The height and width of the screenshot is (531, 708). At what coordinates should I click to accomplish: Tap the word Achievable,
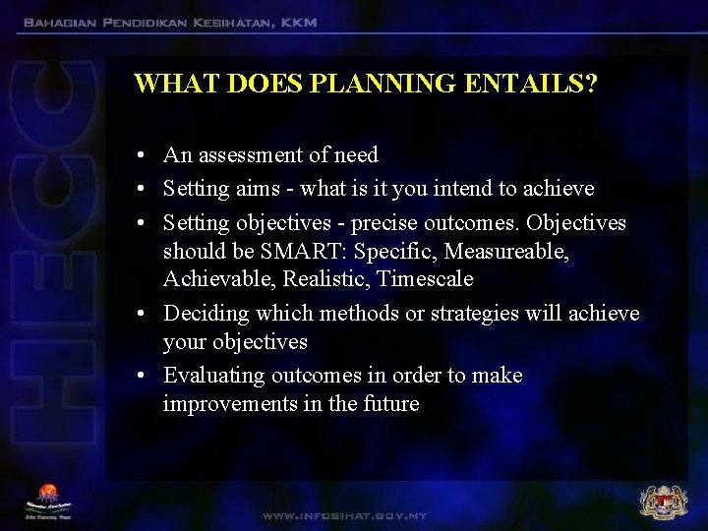(x=219, y=279)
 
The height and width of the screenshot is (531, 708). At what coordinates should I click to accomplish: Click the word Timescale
(x=425, y=279)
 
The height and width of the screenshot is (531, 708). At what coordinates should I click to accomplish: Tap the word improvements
(x=223, y=404)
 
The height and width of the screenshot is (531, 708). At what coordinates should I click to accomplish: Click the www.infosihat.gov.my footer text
(x=344, y=515)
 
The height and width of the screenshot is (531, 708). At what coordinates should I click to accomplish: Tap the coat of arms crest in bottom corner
(x=664, y=501)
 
